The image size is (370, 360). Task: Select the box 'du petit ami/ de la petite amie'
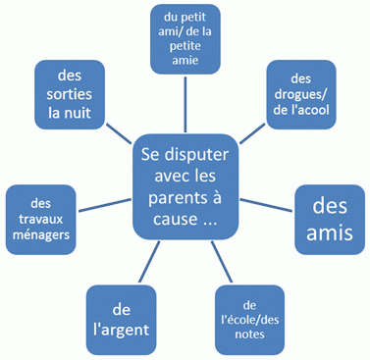point(186,38)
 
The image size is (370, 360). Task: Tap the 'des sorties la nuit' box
point(71,95)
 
